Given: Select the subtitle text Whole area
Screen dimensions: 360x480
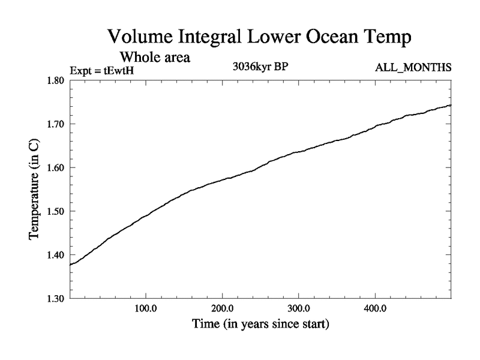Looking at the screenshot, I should pos(155,58).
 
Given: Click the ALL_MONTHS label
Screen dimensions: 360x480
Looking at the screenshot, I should pos(413,67).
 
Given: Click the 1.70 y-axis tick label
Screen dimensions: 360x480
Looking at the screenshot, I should pos(56,124).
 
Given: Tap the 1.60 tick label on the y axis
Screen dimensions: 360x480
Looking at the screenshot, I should pos(56,168).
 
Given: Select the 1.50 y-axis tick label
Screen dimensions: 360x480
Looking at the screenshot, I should pos(56,211).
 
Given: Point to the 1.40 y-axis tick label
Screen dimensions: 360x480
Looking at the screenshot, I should pos(56,255).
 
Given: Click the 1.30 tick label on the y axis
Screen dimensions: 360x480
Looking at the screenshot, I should pos(56,298).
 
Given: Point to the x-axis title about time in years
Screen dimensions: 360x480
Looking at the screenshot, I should pos(260,325).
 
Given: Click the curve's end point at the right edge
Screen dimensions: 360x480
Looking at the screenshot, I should pos(451,105).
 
